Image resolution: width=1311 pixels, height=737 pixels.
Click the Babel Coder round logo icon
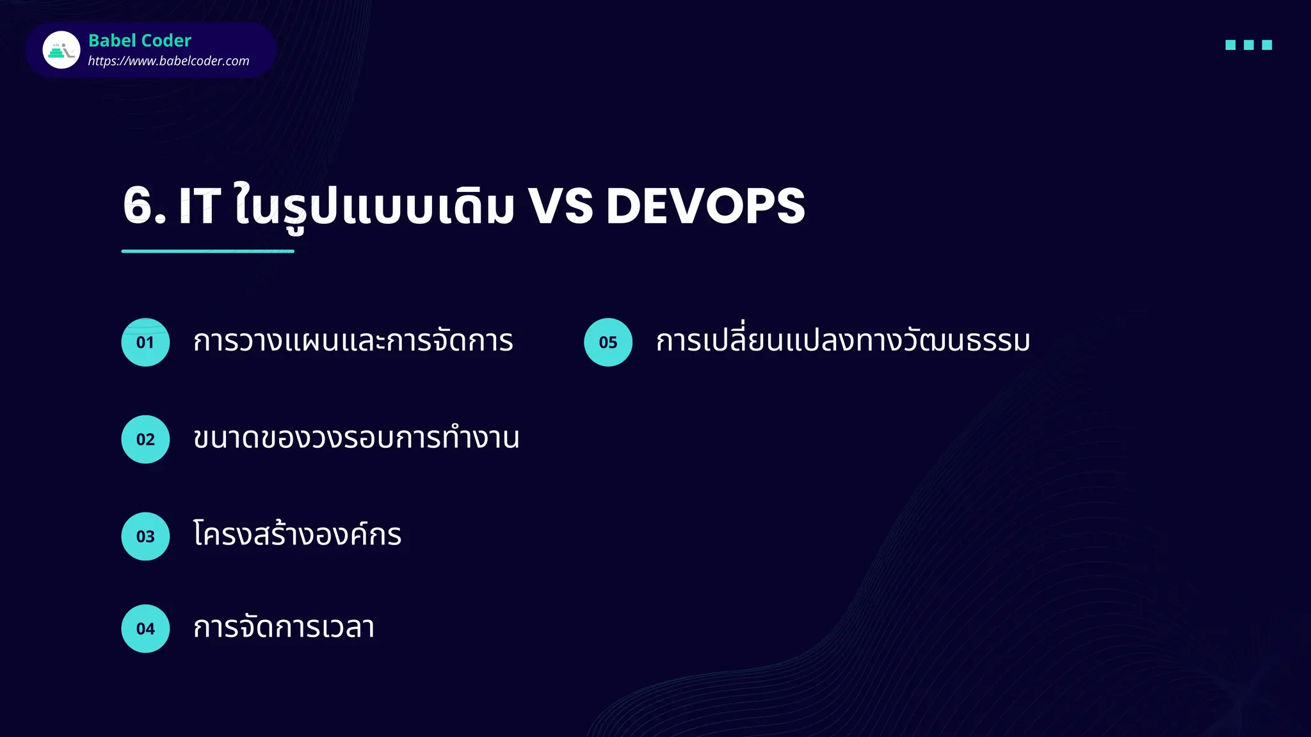(61, 50)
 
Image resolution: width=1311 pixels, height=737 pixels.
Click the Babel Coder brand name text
(140, 40)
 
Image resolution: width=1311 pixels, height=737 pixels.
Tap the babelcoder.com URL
(168, 61)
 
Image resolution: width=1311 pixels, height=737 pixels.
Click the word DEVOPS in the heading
(705, 206)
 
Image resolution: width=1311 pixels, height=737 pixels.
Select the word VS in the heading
(561, 206)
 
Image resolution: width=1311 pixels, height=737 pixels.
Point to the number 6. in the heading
(144, 206)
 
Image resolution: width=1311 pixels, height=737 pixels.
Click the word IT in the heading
(200, 206)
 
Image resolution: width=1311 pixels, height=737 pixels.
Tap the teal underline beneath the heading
(207, 251)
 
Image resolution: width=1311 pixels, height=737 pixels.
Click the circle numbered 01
(145, 342)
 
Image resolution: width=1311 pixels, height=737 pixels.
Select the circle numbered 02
(145, 440)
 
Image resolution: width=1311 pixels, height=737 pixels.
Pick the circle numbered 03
(145, 536)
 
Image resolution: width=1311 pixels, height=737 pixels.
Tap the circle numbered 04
(145, 628)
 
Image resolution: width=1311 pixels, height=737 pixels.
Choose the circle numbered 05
(608, 342)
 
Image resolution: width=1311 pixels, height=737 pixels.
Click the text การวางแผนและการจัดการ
(353, 341)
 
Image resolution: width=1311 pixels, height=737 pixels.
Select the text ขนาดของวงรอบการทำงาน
(356, 438)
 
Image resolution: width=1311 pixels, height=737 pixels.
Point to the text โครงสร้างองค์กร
(297, 535)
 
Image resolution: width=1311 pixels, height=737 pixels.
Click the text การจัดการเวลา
(284, 627)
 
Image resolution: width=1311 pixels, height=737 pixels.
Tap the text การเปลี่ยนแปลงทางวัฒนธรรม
(843, 341)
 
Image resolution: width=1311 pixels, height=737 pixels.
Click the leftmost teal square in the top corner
(1230, 45)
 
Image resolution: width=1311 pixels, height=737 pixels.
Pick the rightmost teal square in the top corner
(1267, 45)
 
